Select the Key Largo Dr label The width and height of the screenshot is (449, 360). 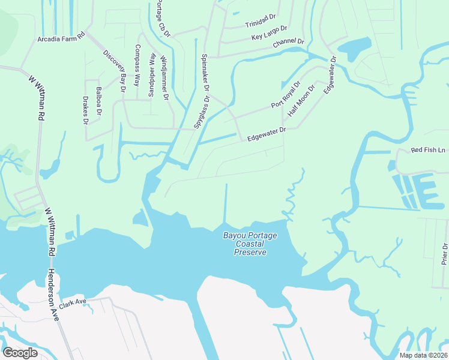click(269, 33)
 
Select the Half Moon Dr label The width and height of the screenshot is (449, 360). click(301, 101)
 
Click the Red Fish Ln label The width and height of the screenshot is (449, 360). click(429, 150)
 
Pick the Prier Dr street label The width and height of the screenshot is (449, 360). click(444, 254)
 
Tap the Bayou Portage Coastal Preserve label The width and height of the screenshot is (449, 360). click(250, 244)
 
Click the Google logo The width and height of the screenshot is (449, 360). click(20, 353)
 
